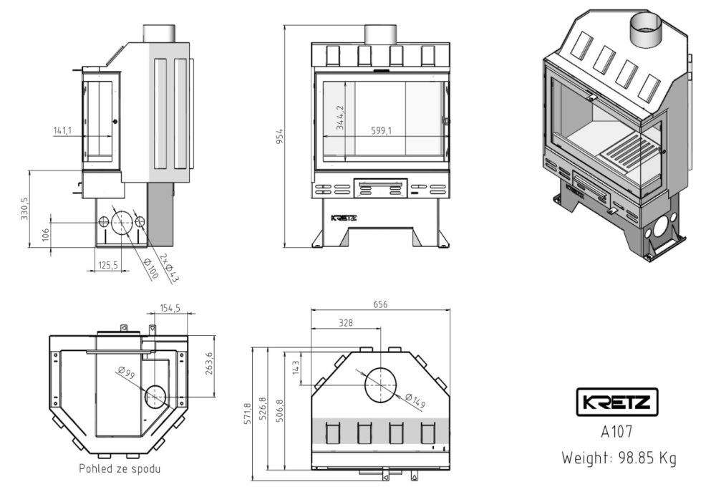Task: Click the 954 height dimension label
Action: [281, 136]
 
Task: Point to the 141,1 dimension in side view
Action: [63, 130]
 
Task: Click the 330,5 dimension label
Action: [25, 209]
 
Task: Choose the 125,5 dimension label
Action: [107, 266]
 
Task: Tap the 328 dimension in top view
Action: [346, 323]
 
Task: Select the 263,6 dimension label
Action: [210, 364]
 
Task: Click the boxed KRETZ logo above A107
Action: [616, 402]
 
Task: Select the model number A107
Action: [616, 433]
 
